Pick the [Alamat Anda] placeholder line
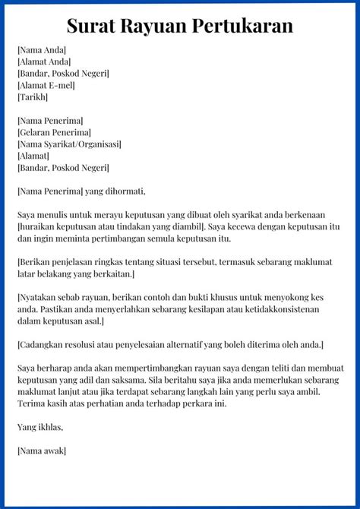[x=44, y=62]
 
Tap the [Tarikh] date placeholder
[x=33, y=96]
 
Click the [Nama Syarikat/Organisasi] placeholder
[x=69, y=144]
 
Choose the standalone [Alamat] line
[x=33, y=156]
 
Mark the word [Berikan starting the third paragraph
[x=35, y=262]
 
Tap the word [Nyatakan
[x=38, y=297]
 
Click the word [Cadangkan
[x=41, y=345]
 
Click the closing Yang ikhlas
[x=39, y=427]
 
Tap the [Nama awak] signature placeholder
[x=42, y=451]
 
